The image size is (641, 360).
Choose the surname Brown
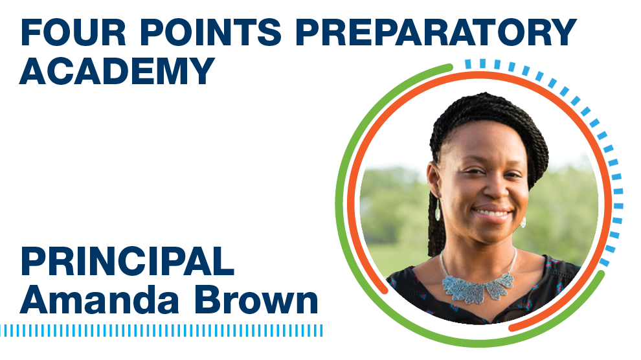[256, 300]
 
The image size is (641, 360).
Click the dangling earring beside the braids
[438, 210]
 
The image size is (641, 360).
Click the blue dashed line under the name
[161, 331]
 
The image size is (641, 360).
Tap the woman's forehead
[486, 146]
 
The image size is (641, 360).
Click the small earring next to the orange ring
[523, 222]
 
